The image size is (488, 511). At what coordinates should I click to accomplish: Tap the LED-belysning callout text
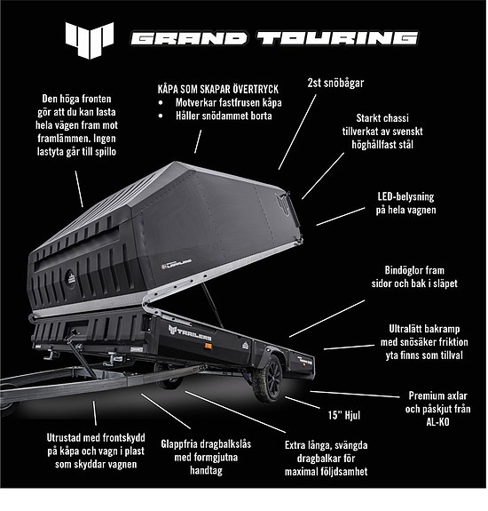click(413, 203)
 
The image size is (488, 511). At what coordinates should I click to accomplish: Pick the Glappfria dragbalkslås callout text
click(211, 451)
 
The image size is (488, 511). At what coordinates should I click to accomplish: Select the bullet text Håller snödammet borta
click(224, 116)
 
